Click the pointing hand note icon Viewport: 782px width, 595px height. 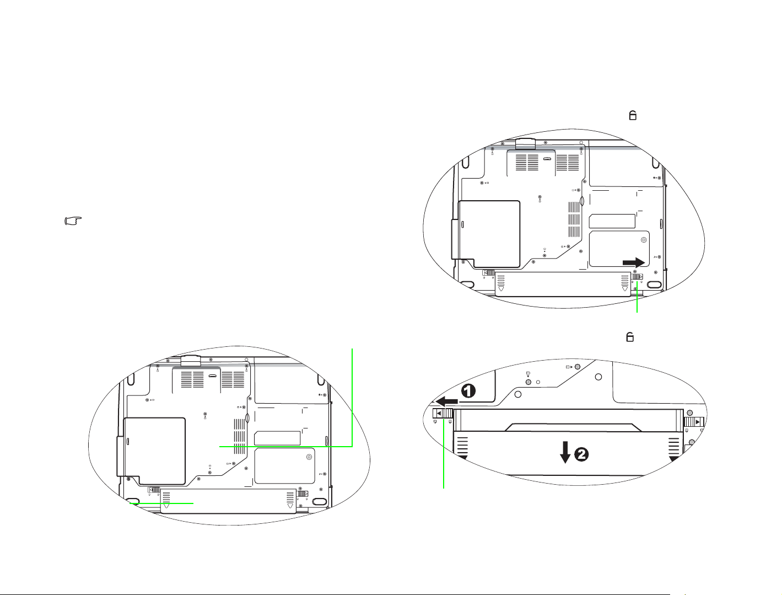[73, 221]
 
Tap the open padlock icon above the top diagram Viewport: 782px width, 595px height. [633, 115]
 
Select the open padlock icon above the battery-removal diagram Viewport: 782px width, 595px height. [630, 336]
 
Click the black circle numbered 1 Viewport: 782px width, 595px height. [468, 391]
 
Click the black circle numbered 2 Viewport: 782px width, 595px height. [581, 454]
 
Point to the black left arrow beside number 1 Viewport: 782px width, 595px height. [446, 402]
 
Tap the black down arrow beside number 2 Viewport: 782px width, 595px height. [565, 452]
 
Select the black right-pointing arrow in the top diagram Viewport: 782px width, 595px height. [634, 262]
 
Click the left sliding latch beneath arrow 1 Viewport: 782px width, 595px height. [442, 413]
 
